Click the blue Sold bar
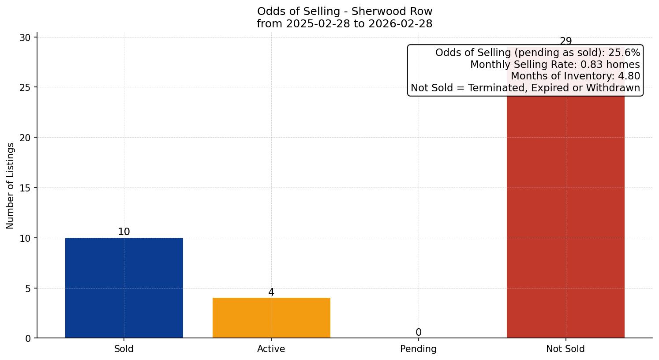[124, 288]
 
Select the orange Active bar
[271, 318]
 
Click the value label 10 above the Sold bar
[124, 232]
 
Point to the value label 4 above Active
[271, 292]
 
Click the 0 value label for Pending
[419, 332]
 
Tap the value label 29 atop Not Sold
[565, 41]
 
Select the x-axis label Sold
[124, 349]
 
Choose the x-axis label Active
[271, 349]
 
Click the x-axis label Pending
[419, 349]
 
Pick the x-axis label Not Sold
[565, 349]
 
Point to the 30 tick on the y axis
[25, 37]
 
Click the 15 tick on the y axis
[25, 188]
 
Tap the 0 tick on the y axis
[28, 338]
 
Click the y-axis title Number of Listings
[11, 186]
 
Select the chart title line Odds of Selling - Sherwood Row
[344, 11]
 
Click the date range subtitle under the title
[344, 24]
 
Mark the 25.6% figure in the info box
[624, 52]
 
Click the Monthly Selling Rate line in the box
[555, 64]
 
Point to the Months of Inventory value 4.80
[628, 76]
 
